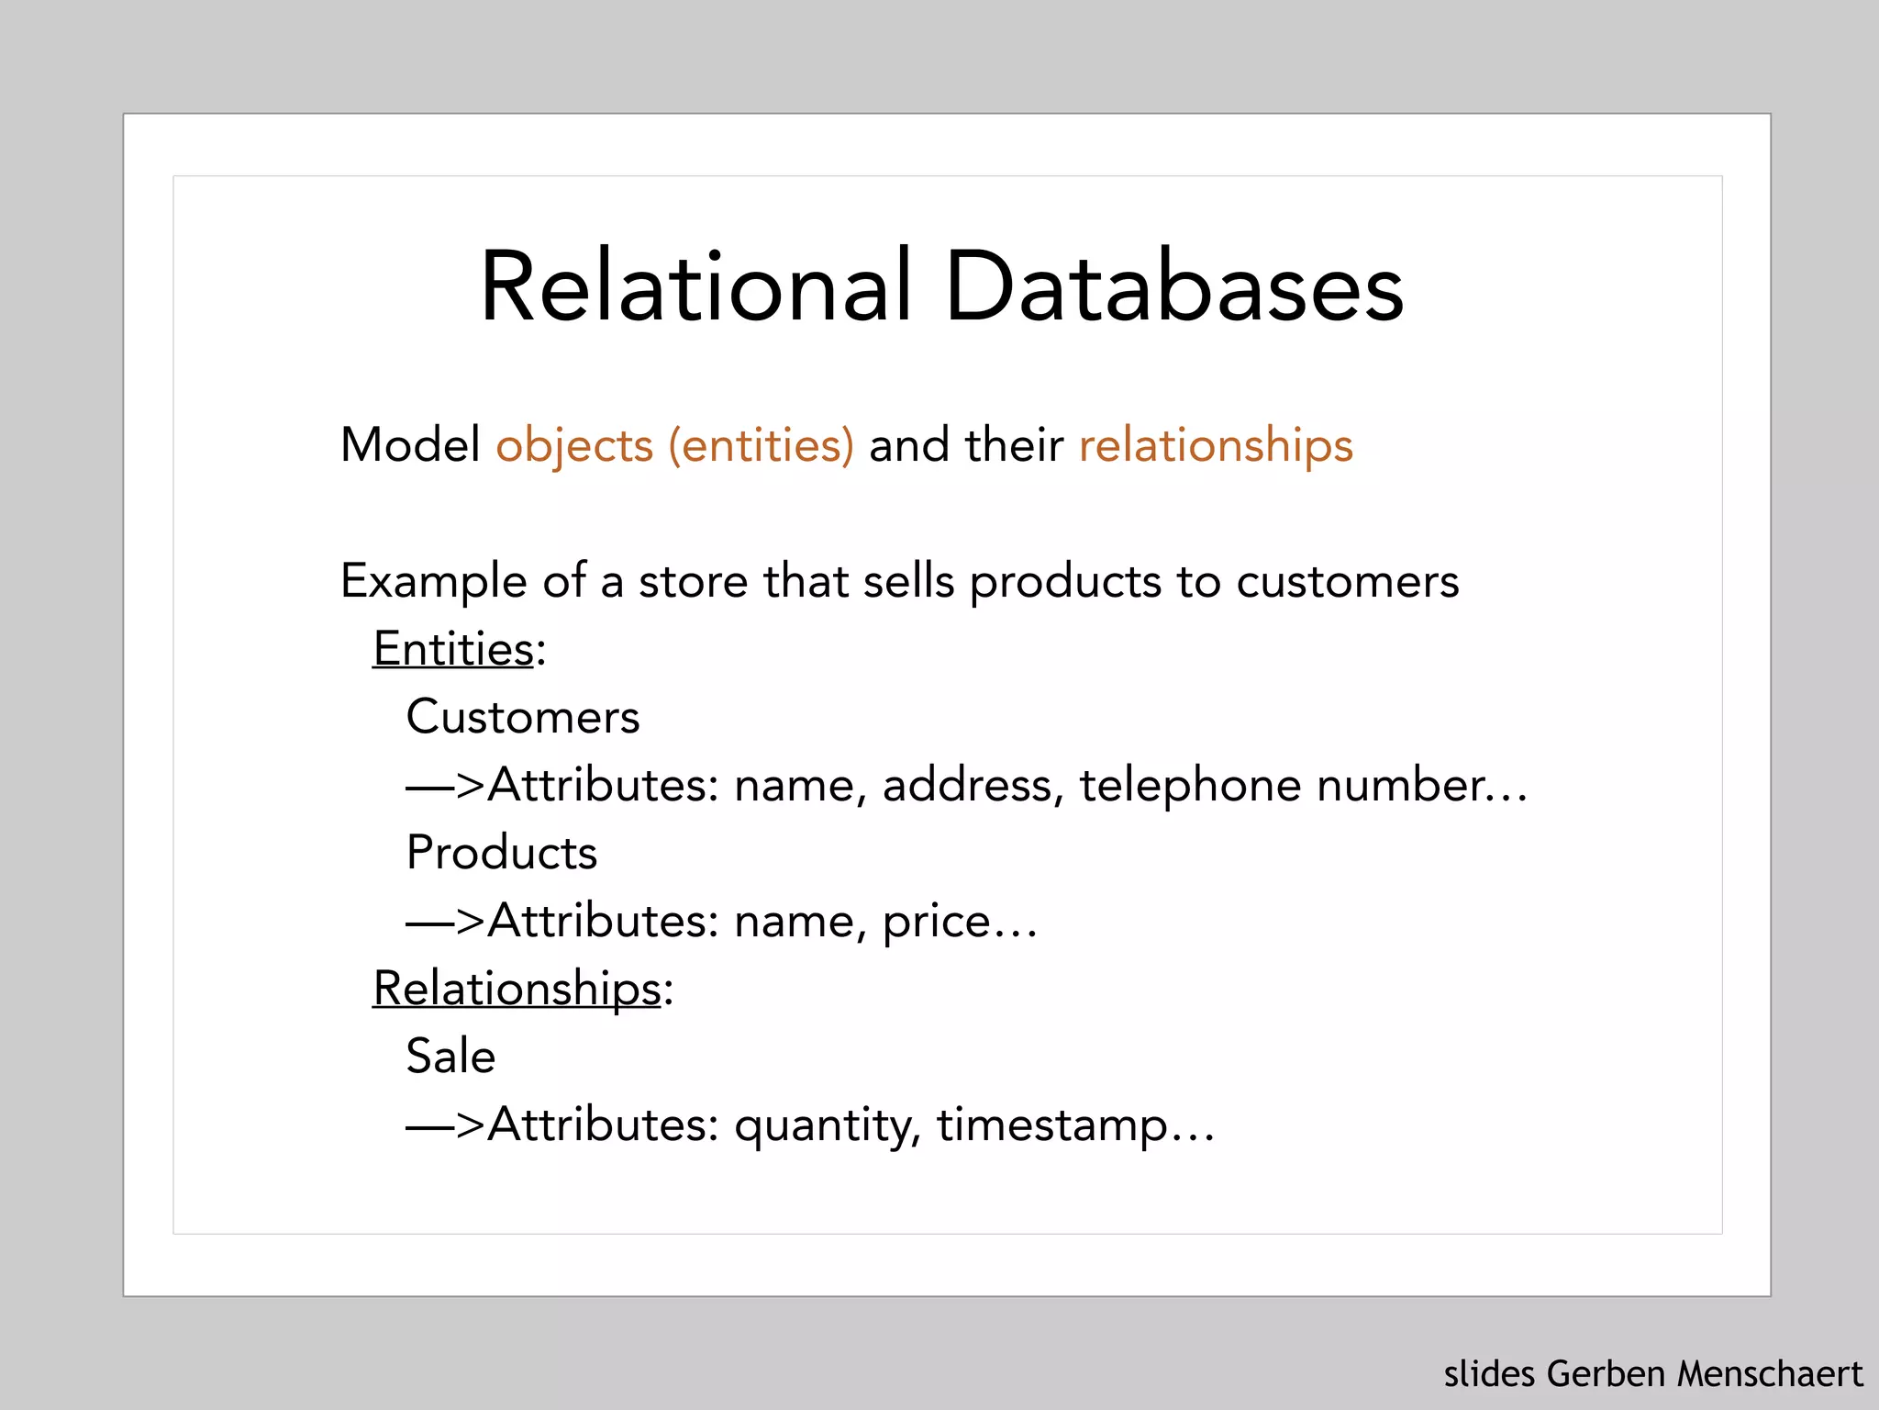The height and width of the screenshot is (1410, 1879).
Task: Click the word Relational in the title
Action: [695, 286]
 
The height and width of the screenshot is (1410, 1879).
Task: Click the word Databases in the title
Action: [1173, 286]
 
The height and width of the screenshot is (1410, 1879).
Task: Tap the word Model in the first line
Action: [410, 445]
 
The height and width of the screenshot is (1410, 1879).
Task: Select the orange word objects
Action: [574, 445]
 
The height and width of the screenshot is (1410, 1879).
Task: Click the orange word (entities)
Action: [762, 447]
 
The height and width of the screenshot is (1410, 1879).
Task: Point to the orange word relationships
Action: [1216, 447]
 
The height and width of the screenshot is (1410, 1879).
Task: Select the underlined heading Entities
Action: [453, 649]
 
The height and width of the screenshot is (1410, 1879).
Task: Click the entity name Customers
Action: [523, 717]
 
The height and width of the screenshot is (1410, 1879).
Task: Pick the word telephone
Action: [1190, 786]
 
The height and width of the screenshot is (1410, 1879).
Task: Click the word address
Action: [967, 786]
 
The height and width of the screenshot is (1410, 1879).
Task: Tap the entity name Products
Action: [502, 853]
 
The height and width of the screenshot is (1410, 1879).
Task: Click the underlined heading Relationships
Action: [517, 990]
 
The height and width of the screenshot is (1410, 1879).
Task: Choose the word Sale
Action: [450, 1057]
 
